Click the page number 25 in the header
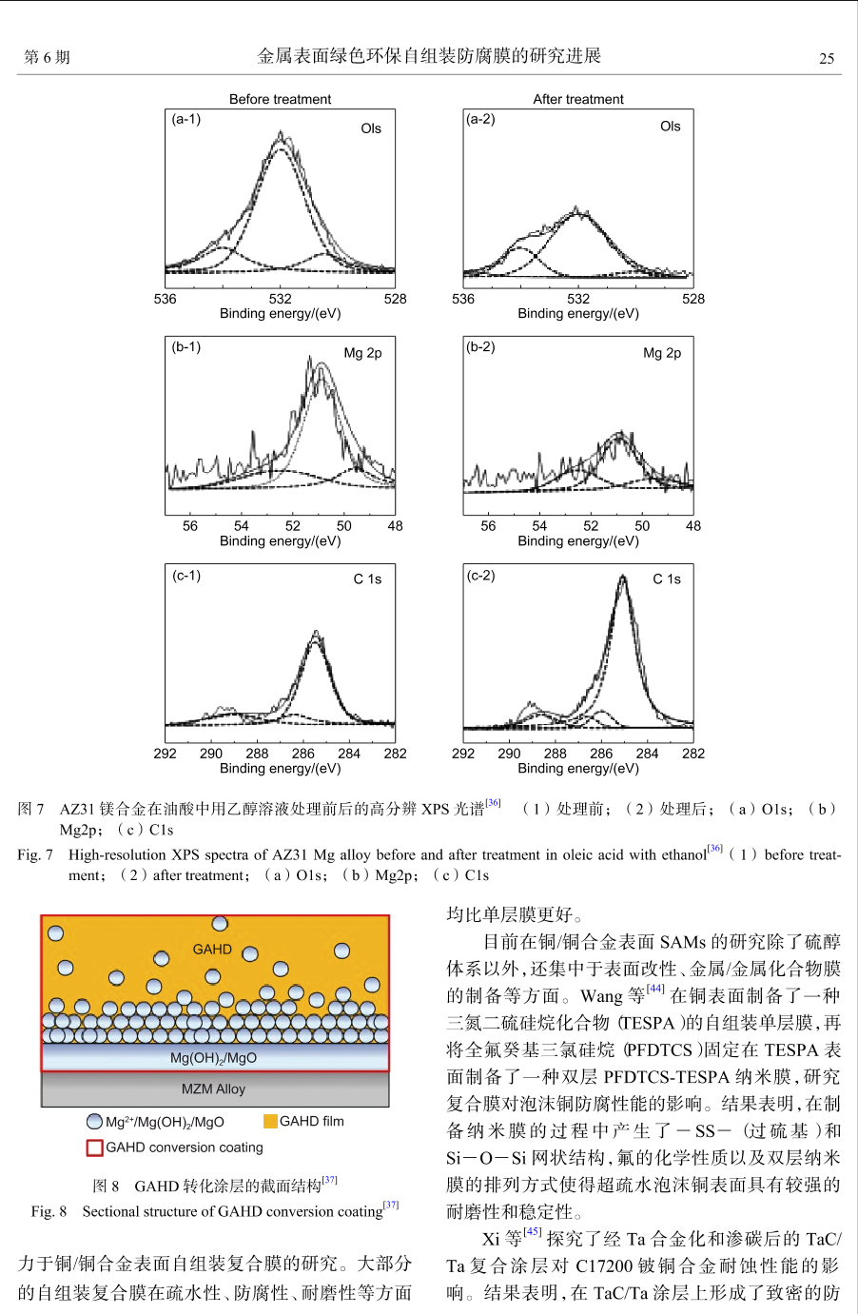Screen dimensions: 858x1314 point(827,58)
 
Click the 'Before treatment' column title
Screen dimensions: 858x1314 point(280,99)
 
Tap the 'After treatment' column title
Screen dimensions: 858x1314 point(577,99)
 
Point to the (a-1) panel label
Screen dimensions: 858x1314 point(185,119)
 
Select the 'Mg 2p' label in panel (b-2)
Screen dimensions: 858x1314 point(662,353)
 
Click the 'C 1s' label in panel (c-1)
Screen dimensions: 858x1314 point(367,579)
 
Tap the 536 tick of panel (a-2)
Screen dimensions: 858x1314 point(462,299)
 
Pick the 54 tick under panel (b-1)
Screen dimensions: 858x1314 point(241,525)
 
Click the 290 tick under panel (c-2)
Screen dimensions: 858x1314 point(509,754)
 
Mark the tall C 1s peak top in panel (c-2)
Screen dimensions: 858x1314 point(623,576)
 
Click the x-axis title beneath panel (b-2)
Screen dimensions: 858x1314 point(577,540)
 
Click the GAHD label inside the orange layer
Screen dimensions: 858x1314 point(212,950)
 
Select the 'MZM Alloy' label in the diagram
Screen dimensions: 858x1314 point(213,1088)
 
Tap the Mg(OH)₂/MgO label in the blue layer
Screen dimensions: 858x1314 point(213,1058)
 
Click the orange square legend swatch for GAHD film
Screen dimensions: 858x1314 point(270,1121)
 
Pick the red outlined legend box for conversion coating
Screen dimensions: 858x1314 point(94,1147)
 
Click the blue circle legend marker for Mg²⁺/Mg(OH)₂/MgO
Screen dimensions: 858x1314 point(94,1122)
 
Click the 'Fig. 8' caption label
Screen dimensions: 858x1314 point(49,1211)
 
